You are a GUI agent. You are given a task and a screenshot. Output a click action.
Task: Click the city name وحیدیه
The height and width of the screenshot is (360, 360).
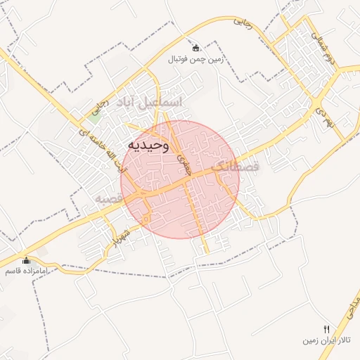(x=148, y=145)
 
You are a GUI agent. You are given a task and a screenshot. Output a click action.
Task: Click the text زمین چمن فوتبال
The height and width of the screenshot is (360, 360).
(x=195, y=60)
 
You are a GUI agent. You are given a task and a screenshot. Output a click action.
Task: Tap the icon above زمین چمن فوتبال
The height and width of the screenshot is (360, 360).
(x=195, y=48)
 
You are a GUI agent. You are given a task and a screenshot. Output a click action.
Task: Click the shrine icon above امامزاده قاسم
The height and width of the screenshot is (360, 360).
(x=26, y=260)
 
